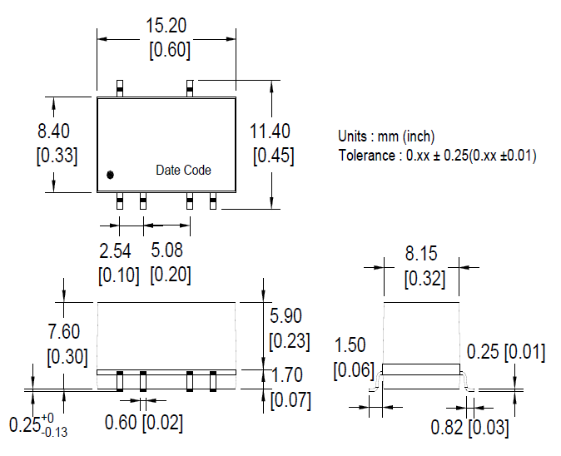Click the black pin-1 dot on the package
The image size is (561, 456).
point(110,175)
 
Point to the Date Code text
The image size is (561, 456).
point(183,171)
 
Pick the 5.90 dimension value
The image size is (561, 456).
point(288,316)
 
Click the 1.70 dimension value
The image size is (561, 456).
point(288,376)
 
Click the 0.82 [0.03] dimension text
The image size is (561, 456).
point(469,429)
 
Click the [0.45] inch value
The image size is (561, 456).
point(272,156)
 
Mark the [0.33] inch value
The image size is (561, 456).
point(57,155)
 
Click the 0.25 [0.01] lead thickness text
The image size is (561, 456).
point(505,352)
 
